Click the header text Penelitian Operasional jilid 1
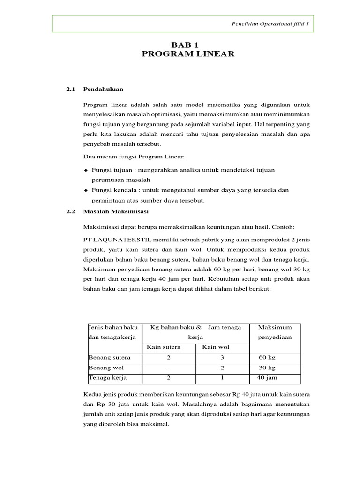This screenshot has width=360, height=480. coord(272,24)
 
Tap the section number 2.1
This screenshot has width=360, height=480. coord(71,89)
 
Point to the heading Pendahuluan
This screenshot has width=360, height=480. coord(103,89)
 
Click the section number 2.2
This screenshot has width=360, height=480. coord(71,211)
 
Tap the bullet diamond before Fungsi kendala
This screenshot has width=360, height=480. coord(86,190)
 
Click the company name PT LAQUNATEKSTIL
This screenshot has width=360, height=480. coord(115,239)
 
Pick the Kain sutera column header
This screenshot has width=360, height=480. coord(164,347)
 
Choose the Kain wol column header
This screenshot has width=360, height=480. coord(214,347)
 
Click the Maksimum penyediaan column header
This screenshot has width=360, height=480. coord(275,332)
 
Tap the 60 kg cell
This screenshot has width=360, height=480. coord(267,358)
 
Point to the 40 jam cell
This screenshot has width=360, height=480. coord(267,377)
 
